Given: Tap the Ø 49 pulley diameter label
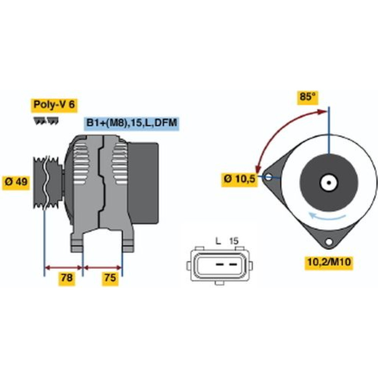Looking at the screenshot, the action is pyautogui.click(x=16, y=182).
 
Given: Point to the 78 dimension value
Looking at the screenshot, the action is pyautogui.click(x=67, y=278).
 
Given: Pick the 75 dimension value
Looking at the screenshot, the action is pyautogui.click(x=110, y=278).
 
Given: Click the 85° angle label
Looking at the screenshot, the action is pyautogui.click(x=308, y=97).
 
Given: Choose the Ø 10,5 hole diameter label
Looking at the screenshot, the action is pyautogui.click(x=239, y=179).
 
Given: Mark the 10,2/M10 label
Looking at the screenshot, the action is pyautogui.click(x=329, y=262).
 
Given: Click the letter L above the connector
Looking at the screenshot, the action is pyautogui.click(x=218, y=241).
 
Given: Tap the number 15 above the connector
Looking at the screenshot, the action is pyautogui.click(x=234, y=241).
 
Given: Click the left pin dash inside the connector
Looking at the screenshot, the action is pyautogui.click(x=219, y=265).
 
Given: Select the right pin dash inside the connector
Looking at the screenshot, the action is pyautogui.click(x=233, y=265).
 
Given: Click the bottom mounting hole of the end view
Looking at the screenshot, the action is pyautogui.click(x=328, y=241).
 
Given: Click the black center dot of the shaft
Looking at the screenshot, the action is pyautogui.click(x=329, y=183).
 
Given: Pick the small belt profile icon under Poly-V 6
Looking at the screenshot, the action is pyautogui.click(x=46, y=121).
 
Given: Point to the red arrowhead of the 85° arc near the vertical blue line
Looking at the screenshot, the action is pyautogui.click(x=322, y=112).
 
